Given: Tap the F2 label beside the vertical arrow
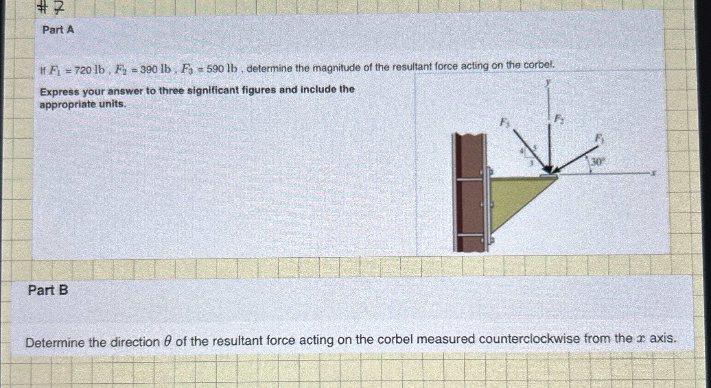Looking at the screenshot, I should click(x=559, y=119).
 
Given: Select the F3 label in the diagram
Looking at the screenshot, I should click(x=505, y=122).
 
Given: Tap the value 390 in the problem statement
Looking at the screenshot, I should click(x=149, y=70).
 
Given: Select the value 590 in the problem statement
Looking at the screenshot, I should click(x=215, y=69).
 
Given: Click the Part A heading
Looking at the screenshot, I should click(x=58, y=30).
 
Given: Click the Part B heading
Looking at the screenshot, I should click(x=48, y=290).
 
